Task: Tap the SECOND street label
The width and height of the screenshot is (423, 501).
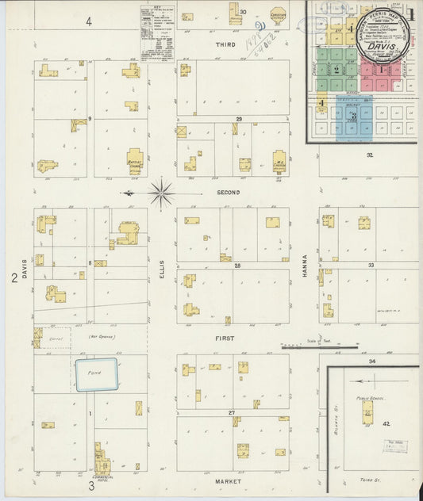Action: coord(228,193)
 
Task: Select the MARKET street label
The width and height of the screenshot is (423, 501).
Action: coord(228,481)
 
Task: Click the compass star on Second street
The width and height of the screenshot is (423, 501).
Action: coord(161,193)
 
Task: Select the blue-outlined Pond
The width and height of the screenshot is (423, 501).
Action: coord(96,374)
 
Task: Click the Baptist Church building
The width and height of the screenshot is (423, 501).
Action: coord(135,161)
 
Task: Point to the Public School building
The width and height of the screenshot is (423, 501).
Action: coord(367,411)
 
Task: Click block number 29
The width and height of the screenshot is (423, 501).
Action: coord(238,118)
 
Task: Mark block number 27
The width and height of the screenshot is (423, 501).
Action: coord(232,413)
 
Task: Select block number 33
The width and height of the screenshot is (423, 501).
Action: coord(370,266)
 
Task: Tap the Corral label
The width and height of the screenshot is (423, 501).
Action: coord(56,338)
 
